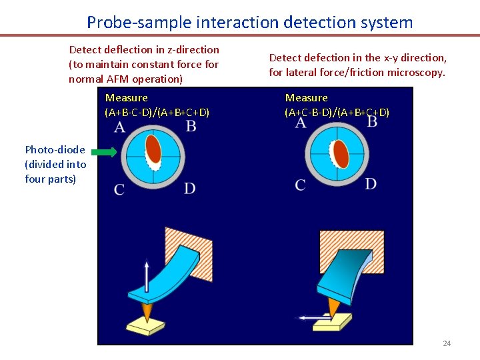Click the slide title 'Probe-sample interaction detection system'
(249, 22)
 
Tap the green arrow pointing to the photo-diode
(103, 153)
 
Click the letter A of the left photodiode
(120, 127)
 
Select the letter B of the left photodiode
(191, 127)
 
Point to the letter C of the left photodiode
(119, 189)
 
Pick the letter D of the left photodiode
(190, 189)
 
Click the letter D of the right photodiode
(371, 184)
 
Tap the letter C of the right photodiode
(301, 185)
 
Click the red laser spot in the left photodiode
(154, 150)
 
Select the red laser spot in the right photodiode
(341, 153)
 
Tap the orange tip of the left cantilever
(147, 310)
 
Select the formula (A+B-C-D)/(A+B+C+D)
(157, 112)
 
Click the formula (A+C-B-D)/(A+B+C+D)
(337, 112)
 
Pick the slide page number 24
(447, 343)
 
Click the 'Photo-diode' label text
(55, 149)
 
